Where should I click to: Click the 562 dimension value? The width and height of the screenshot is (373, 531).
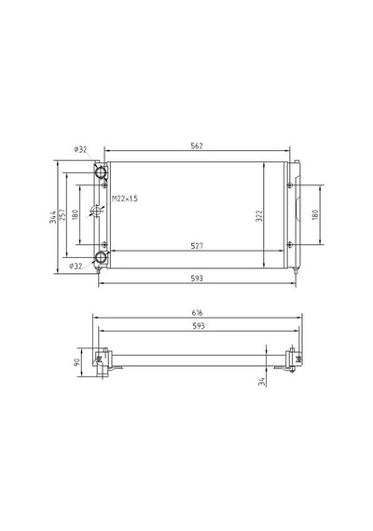(197, 145)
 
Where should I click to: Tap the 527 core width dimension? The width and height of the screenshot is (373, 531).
(197, 246)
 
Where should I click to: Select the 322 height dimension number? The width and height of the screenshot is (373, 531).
(259, 216)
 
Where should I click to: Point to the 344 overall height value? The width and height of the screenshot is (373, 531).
(53, 217)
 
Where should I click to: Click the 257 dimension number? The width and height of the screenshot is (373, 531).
(62, 214)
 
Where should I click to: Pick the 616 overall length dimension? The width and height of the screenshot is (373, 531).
(197, 313)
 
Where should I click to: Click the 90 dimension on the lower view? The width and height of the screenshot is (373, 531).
(76, 362)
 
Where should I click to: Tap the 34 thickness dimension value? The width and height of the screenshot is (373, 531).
(261, 382)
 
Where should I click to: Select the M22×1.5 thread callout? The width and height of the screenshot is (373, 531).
(125, 198)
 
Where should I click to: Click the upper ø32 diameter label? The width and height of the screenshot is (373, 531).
(80, 149)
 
